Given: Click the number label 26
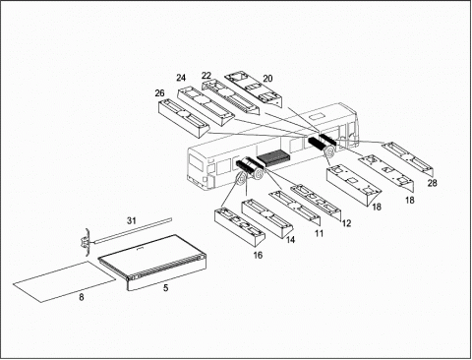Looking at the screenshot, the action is pyautogui.click(x=159, y=93).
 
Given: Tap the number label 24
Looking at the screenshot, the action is pyautogui.click(x=181, y=78).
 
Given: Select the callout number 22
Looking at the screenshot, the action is pyautogui.click(x=206, y=76).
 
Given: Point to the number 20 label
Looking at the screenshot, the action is pyautogui.click(x=267, y=79).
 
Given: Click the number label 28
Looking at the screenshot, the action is pyautogui.click(x=432, y=183).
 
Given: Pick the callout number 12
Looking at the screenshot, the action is pyautogui.click(x=346, y=223).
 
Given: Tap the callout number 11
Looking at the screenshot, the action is pyautogui.click(x=319, y=233).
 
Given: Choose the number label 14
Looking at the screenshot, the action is pyautogui.click(x=290, y=240).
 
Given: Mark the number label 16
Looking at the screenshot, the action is pyautogui.click(x=258, y=255).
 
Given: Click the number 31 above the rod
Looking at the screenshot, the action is pyautogui.click(x=132, y=220).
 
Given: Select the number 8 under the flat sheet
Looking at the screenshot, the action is pyautogui.click(x=82, y=297).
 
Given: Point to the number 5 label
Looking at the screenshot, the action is pyautogui.click(x=166, y=288).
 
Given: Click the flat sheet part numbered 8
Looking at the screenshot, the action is pyautogui.click(x=65, y=281).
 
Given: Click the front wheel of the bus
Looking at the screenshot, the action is pyautogui.click(x=329, y=151).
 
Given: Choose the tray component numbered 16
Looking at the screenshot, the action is pyautogui.click(x=240, y=227).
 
